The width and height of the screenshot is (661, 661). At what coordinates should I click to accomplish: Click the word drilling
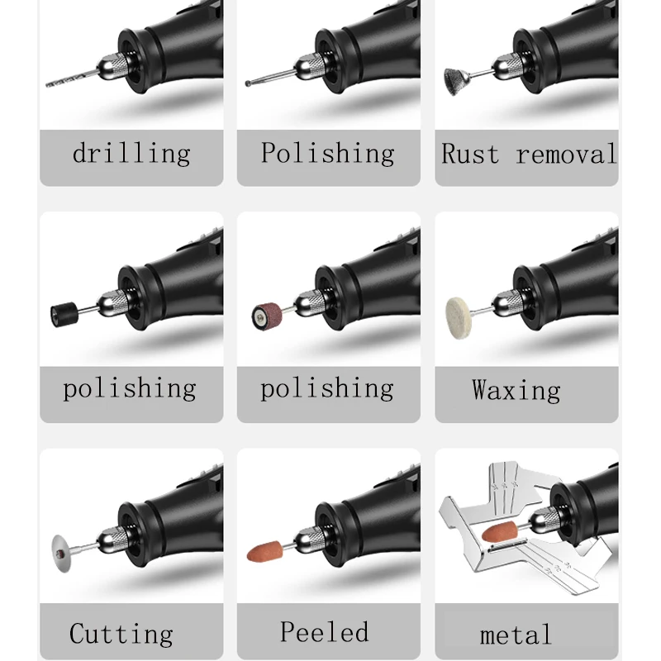tap(131, 154)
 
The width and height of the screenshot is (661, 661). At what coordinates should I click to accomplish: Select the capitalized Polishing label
tap(327, 153)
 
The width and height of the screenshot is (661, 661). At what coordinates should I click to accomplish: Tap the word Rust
tap(469, 155)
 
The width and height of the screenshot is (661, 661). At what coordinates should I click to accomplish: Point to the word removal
tap(566, 155)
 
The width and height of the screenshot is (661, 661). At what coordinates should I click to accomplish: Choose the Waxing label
tap(516, 390)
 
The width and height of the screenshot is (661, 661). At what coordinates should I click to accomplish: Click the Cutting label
tap(121, 635)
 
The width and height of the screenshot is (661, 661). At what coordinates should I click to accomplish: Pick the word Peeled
tap(324, 632)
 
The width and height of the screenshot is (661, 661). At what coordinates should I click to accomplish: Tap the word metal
tap(515, 635)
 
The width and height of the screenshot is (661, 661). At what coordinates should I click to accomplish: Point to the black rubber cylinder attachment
tap(61, 314)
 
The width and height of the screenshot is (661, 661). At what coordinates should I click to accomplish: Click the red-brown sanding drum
tap(265, 314)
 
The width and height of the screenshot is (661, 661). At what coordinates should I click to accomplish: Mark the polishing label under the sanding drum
tap(327, 388)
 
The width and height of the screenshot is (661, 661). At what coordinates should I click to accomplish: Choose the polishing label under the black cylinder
tap(130, 388)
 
